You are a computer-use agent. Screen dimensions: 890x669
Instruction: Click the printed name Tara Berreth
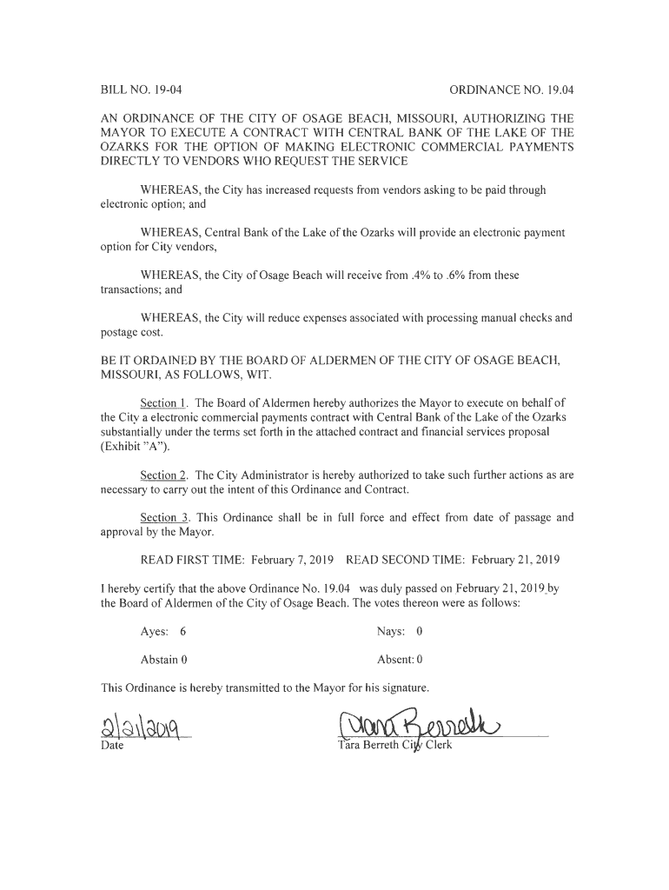pyautogui.click(x=368, y=746)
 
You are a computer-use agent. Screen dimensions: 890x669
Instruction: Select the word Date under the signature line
pyautogui.click(x=113, y=746)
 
